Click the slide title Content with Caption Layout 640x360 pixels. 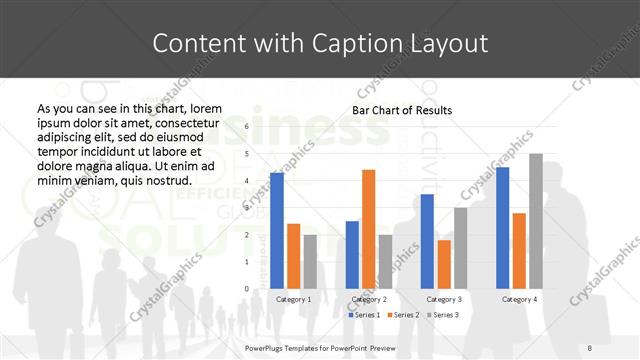point(320,44)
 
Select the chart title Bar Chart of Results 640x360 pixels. point(402,110)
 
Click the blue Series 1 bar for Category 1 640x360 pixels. point(277,230)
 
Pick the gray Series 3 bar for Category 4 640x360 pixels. point(536,221)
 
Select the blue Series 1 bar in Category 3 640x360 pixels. point(428,241)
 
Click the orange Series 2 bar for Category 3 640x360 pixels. point(444,264)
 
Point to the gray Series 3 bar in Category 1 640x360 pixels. point(310,262)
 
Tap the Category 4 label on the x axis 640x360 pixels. point(519,299)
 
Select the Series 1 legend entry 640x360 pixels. point(364,315)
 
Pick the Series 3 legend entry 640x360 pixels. point(444,315)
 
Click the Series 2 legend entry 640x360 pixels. point(404,315)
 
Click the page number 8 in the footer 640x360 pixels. point(590,347)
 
